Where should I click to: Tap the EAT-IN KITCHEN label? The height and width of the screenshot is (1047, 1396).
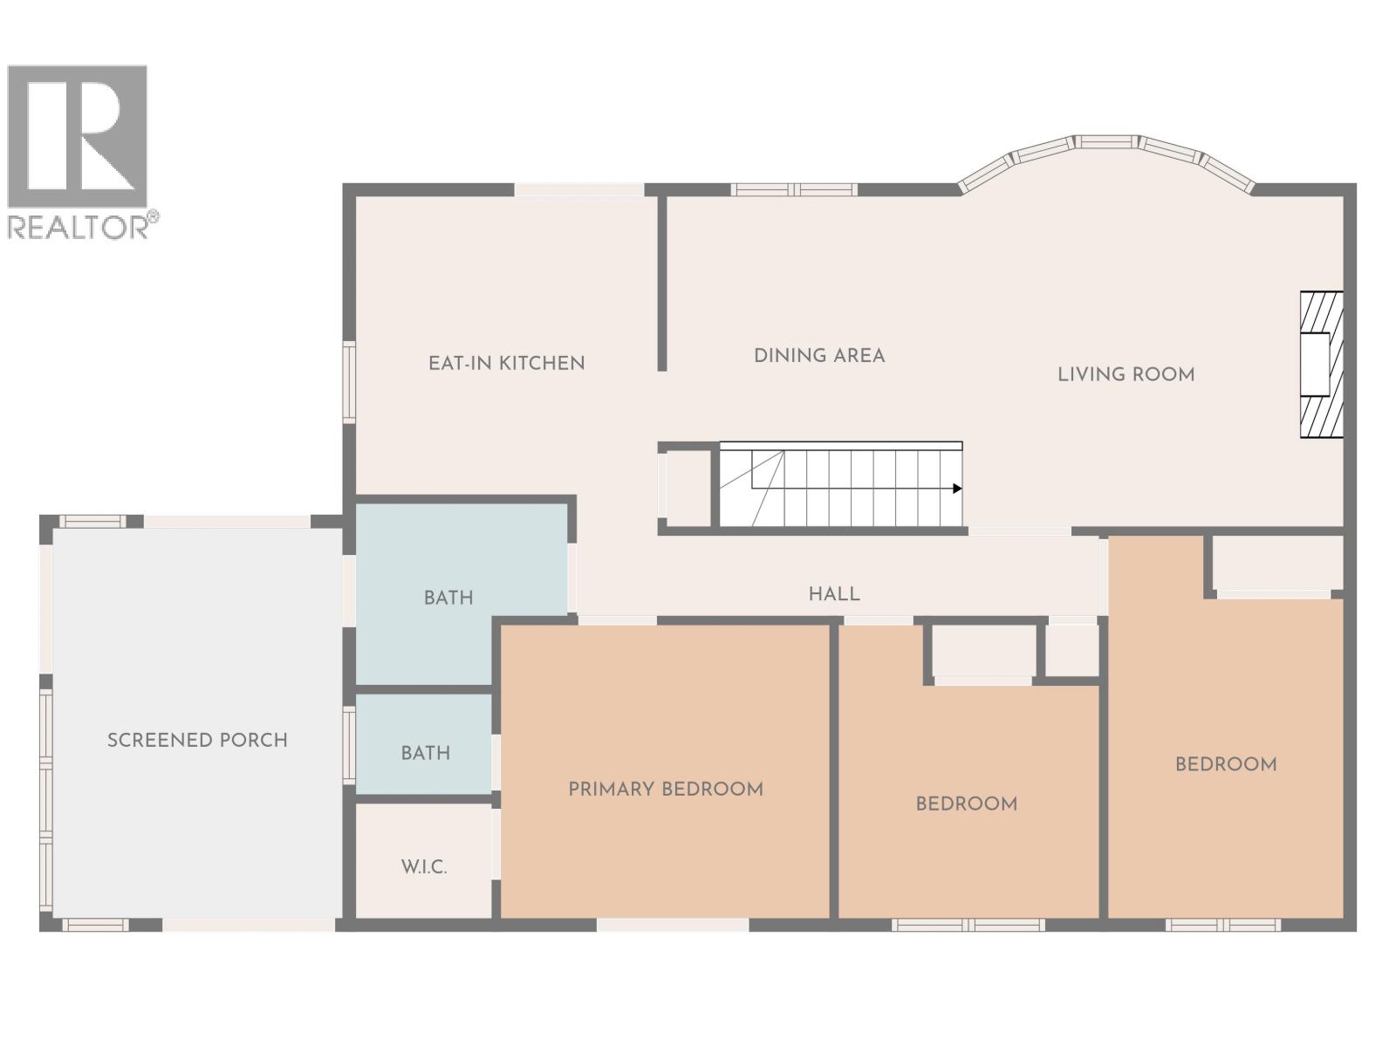pyautogui.click(x=506, y=363)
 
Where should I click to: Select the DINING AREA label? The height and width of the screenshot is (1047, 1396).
pyautogui.click(x=819, y=355)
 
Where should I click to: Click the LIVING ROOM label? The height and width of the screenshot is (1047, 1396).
pyautogui.click(x=1126, y=374)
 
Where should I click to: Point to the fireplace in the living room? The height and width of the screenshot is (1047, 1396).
pyautogui.click(x=1320, y=364)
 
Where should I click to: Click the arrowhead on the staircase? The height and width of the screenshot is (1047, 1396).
pyautogui.click(x=957, y=489)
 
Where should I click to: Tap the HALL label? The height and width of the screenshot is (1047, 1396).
pyautogui.click(x=834, y=593)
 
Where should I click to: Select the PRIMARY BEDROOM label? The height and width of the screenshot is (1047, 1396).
pyautogui.click(x=666, y=789)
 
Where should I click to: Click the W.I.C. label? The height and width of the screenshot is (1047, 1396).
pyautogui.click(x=424, y=866)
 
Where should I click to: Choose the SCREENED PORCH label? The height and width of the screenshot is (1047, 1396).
pyautogui.click(x=197, y=740)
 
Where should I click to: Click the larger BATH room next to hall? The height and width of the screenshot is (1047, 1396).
pyautogui.click(x=448, y=598)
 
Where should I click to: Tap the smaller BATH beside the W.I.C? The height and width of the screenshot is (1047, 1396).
pyautogui.click(x=425, y=752)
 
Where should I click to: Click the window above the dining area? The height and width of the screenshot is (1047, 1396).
pyautogui.click(x=793, y=189)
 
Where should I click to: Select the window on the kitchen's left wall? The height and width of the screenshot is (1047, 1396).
pyautogui.click(x=349, y=382)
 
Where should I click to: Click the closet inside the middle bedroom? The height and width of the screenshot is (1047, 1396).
pyautogui.click(x=982, y=652)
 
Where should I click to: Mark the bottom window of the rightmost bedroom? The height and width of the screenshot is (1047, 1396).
pyautogui.click(x=1222, y=925)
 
